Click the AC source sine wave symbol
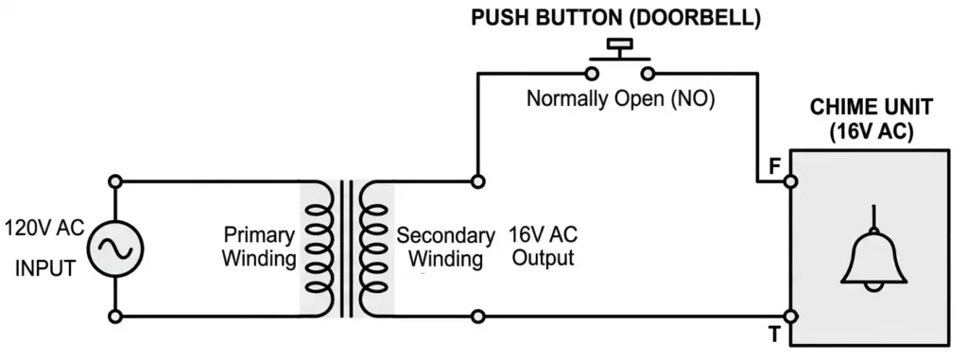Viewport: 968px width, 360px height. tap(115, 248)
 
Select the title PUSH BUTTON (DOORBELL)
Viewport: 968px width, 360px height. tap(619, 17)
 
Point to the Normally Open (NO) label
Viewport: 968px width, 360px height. tap(620, 98)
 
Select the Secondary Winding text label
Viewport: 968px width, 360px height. tap(445, 246)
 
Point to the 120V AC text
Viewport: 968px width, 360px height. tap(43, 228)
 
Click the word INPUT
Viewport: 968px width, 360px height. tap(44, 268)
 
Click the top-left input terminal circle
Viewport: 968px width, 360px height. tap(115, 180)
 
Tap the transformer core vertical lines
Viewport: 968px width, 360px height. tap(348, 248)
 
